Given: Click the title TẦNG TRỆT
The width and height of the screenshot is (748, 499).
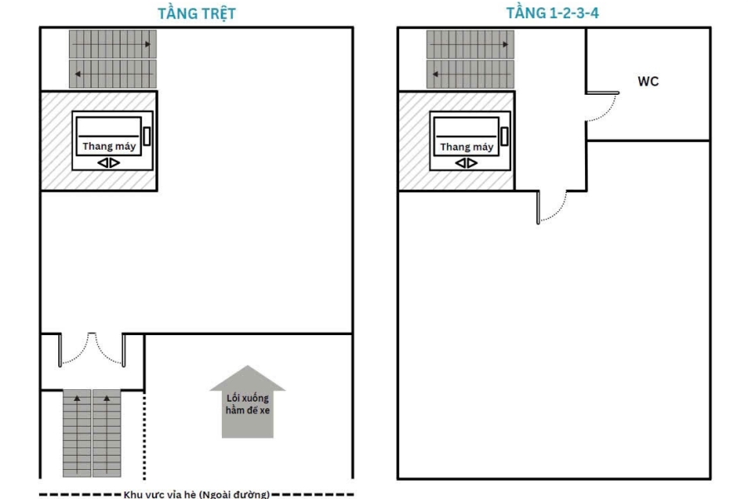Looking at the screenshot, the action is [196, 13].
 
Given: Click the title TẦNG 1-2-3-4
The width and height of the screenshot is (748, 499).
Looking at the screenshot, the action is [552, 13].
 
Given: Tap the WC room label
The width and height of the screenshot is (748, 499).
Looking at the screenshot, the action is [647, 82].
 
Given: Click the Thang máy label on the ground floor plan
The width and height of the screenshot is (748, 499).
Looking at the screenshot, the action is [109, 146].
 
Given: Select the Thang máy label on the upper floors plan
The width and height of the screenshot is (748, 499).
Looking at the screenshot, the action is [466, 146].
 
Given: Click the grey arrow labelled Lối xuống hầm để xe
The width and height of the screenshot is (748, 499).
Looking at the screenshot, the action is [248, 401].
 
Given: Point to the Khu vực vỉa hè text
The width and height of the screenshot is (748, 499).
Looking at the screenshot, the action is [196, 494].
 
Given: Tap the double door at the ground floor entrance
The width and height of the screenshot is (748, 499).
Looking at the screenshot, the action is [91, 349].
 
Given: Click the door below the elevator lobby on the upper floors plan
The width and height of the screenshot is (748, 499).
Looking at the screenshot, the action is [552, 207].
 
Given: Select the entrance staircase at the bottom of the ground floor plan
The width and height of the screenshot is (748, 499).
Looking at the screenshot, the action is [91, 433].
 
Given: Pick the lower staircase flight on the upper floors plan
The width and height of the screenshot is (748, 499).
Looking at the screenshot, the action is [470, 74].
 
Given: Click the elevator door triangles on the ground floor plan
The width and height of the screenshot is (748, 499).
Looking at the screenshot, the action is [109, 163].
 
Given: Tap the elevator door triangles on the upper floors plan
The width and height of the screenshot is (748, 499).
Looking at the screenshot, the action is [466, 163].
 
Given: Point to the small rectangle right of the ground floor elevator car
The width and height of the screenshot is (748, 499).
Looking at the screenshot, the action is [147, 136].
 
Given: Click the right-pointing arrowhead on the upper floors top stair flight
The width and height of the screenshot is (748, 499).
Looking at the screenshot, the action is [505, 44].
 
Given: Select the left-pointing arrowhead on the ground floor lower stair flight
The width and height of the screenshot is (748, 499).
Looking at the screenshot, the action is [77, 74].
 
